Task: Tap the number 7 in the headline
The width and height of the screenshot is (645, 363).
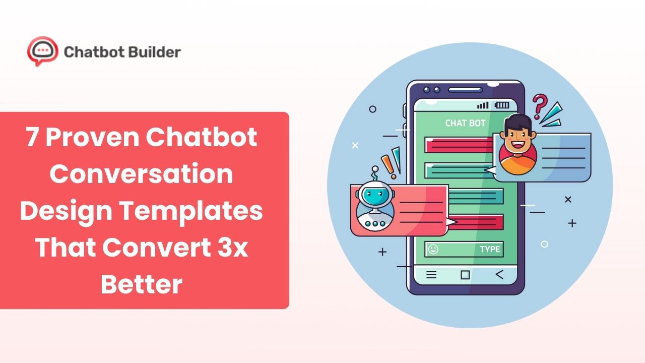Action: coord(32,137)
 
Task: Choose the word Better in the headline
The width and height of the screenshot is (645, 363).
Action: coord(142,284)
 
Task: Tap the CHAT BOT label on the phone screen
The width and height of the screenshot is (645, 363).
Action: coord(465,123)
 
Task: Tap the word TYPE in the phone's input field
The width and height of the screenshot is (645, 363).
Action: coord(489,249)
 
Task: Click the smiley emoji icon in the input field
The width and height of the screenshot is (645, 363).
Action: coord(433,249)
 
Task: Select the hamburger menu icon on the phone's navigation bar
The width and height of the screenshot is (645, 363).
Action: coord(431,275)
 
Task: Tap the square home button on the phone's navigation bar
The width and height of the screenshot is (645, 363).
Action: coord(465,275)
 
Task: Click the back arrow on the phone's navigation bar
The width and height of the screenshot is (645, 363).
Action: coord(499,275)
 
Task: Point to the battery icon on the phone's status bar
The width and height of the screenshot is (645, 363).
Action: coord(502,105)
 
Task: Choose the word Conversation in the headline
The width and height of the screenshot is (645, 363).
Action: coord(142,174)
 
